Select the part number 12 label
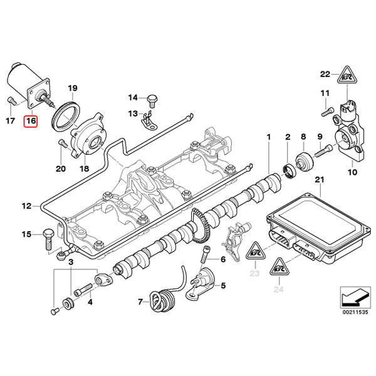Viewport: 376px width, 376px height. pos(26,205)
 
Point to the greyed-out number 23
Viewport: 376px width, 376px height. pos(254,273)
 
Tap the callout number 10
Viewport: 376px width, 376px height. pos(352,171)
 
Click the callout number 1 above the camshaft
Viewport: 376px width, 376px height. pos(268,137)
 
